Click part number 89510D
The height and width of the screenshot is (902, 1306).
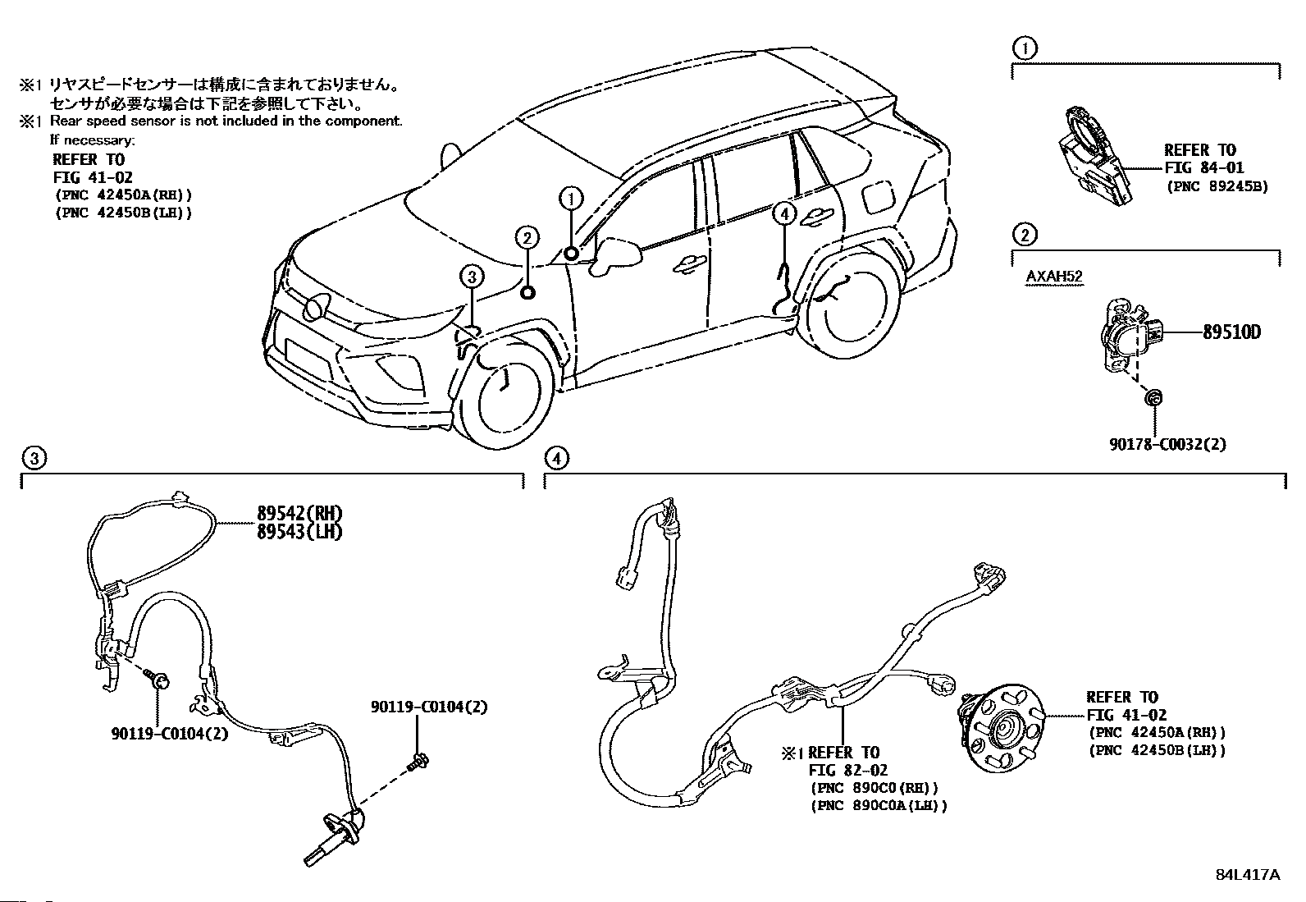point(1231,332)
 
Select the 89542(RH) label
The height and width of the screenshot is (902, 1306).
point(299,514)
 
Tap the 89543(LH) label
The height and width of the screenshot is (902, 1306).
point(299,532)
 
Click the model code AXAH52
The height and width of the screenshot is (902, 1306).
point(1054,276)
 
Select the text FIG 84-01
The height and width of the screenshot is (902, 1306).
point(1204,168)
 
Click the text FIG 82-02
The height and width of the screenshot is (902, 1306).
point(847,770)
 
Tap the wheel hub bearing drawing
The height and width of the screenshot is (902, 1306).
point(1002,729)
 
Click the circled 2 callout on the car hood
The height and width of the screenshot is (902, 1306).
point(527,238)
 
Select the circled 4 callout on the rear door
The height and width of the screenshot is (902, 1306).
point(784,215)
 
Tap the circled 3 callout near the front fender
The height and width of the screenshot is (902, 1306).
point(472,277)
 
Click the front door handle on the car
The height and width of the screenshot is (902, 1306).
point(689,265)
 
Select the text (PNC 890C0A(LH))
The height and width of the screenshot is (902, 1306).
point(879,806)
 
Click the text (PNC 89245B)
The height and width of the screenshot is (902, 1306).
point(1217,186)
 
